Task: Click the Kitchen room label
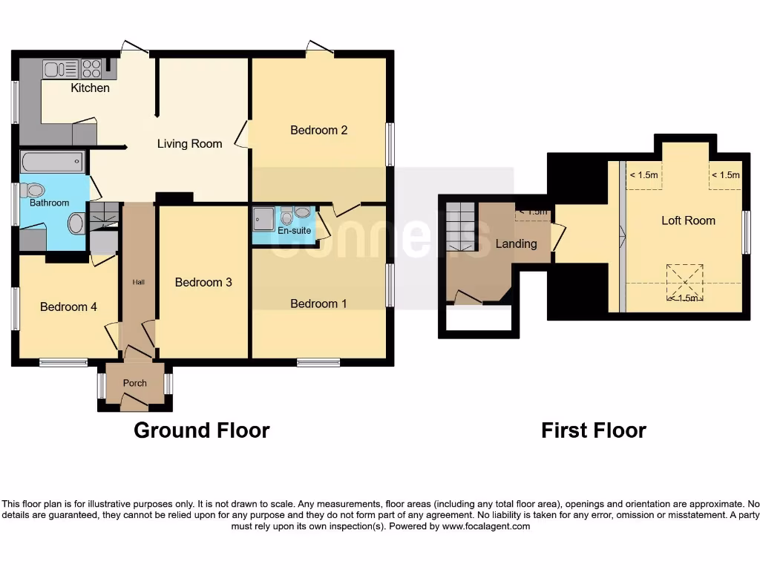tap(90, 88)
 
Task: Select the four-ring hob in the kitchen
tap(91, 69)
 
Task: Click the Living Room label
tap(189, 144)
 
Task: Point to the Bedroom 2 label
tap(318, 131)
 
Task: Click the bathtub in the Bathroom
tap(53, 161)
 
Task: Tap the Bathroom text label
tap(50, 203)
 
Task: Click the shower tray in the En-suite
tap(263, 218)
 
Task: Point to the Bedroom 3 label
tap(203, 283)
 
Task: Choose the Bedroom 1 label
tap(318, 304)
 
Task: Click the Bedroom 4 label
tap(68, 307)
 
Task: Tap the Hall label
tap(139, 283)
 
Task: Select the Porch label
tap(134, 384)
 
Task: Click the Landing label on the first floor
tap(516, 244)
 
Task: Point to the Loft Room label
tap(688, 220)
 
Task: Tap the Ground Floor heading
tap(201, 430)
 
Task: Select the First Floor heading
tap(593, 430)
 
